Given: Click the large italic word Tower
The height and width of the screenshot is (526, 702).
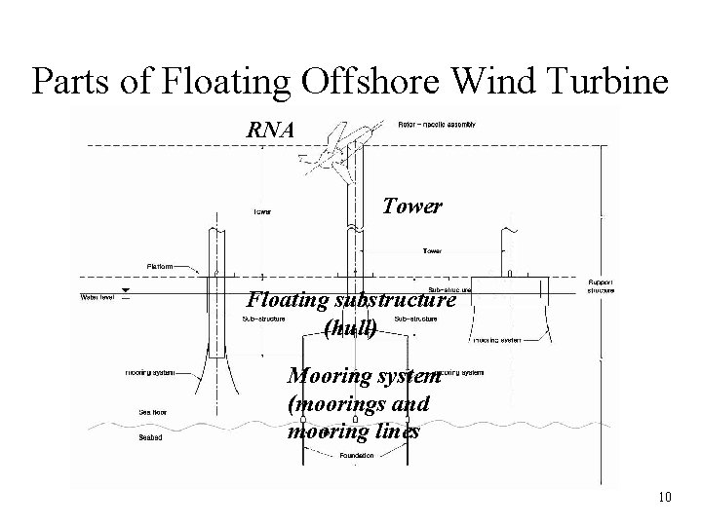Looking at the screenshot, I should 411,207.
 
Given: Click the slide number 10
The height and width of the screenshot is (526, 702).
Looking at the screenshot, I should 665,498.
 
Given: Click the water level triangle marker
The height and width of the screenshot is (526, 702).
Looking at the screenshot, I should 125,291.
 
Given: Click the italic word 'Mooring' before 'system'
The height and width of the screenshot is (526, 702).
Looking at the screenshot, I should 329,377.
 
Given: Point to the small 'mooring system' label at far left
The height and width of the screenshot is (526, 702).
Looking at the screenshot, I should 150,372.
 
